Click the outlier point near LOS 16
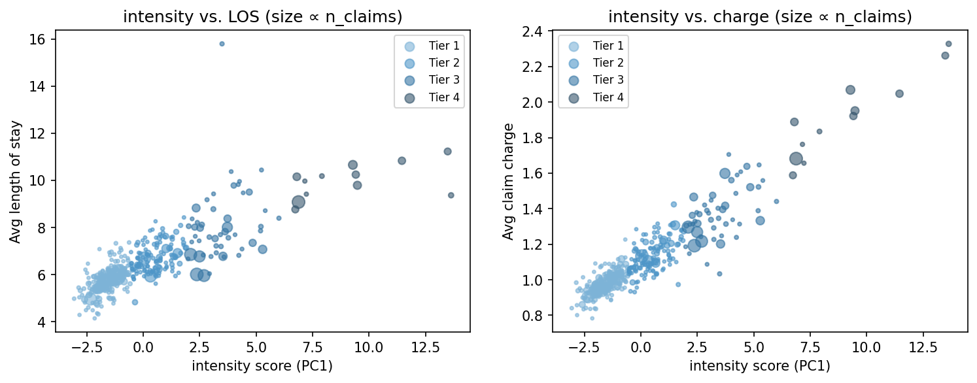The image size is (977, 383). pyautogui.click(x=222, y=44)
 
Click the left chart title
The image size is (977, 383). pyautogui.click(x=262, y=18)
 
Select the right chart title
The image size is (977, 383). pyautogui.click(x=760, y=18)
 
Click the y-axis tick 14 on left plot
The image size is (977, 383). pyautogui.click(x=41, y=86)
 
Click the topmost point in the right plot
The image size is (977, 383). pyautogui.click(x=948, y=44)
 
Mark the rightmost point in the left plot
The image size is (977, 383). pyautogui.click(x=451, y=195)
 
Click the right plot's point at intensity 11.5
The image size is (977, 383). pyautogui.click(x=899, y=93)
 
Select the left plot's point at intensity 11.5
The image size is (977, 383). pyautogui.click(x=402, y=161)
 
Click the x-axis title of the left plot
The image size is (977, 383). pyautogui.click(x=262, y=366)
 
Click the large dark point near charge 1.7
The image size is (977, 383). pyautogui.click(x=796, y=158)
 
